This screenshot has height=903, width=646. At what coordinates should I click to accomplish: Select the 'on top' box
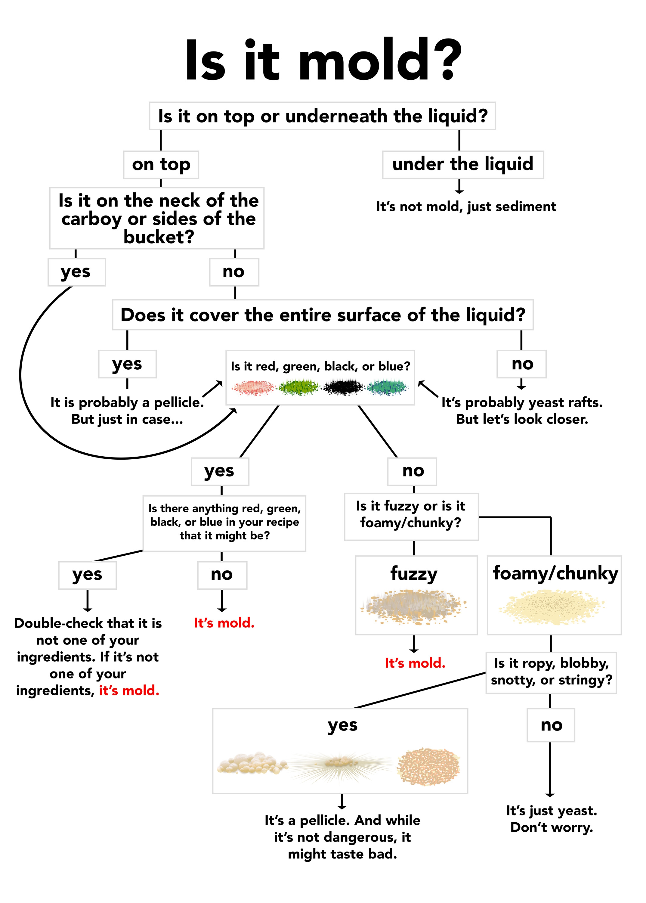161,164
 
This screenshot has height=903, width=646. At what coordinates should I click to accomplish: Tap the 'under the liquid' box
463,164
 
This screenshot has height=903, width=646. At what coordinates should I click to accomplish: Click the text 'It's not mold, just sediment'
466,206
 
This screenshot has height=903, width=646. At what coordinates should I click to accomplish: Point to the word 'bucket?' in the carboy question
159,237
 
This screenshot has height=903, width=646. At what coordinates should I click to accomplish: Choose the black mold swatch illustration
343,387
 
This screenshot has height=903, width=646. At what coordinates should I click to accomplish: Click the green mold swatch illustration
298,387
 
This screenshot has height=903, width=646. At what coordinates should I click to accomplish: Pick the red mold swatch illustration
253,387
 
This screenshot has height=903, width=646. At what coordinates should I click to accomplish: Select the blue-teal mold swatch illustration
388,387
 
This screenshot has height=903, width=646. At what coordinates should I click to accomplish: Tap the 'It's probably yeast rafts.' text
522,402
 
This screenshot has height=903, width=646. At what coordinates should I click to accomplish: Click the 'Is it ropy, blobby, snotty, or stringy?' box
551,672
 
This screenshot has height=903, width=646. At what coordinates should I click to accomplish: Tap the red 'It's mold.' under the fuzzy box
415,663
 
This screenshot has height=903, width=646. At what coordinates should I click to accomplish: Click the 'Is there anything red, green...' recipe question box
224,523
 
